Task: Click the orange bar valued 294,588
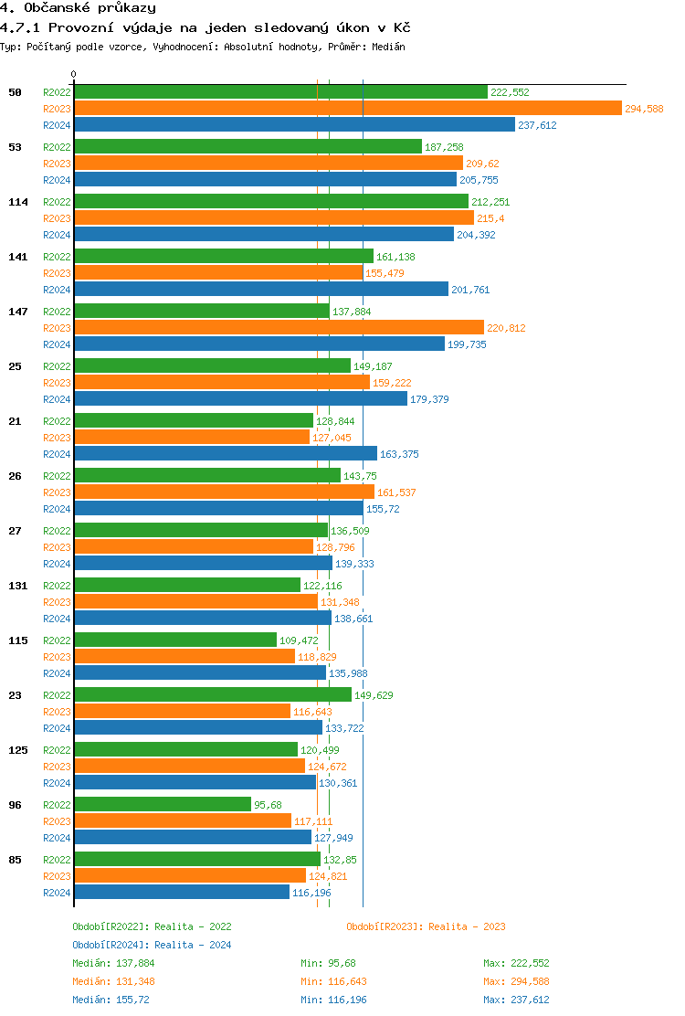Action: click(x=347, y=109)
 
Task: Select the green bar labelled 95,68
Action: click(x=163, y=804)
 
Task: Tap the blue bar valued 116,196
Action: click(x=182, y=892)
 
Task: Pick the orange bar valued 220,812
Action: click(x=279, y=327)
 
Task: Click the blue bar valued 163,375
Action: click(x=225, y=453)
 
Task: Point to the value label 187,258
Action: click(x=444, y=147)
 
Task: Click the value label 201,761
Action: click(x=470, y=290)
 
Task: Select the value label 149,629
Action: click(x=374, y=695)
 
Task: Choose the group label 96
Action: click(x=16, y=805)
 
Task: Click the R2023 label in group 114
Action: click(x=57, y=218)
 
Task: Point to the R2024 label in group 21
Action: click(x=57, y=454)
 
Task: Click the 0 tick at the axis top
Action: click(x=74, y=75)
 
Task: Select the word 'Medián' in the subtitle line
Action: click(x=388, y=47)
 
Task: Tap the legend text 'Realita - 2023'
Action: click(x=467, y=926)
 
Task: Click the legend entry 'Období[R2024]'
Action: click(x=111, y=945)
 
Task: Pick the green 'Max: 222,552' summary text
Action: click(x=516, y=963)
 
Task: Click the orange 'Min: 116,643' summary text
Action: click(x=333, y=981)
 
